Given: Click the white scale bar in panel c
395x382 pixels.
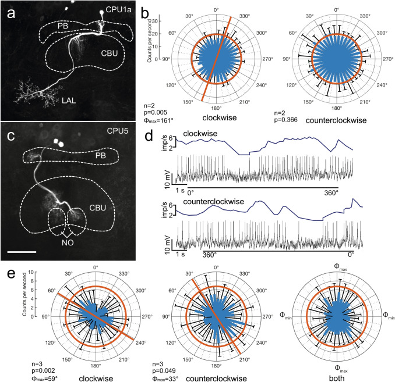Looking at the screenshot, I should tap(23, 252).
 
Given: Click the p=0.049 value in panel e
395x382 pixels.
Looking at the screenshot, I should tap(164, 362).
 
